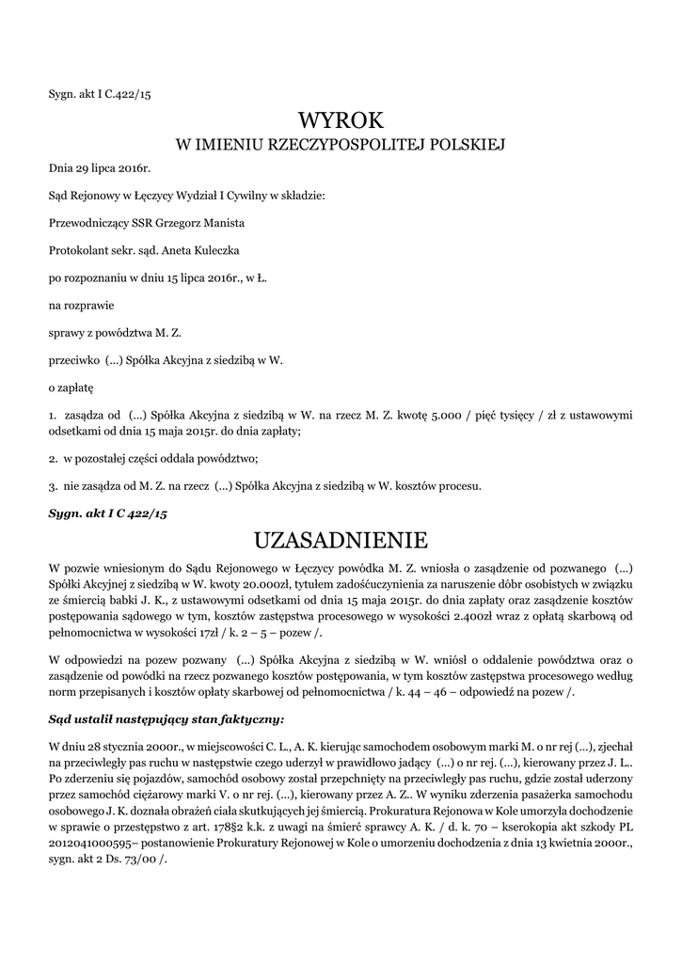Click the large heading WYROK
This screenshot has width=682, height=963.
(x=341, y=120)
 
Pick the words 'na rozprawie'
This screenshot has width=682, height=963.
(x=77, y=305)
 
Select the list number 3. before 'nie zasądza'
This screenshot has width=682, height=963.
(x=53, y=486)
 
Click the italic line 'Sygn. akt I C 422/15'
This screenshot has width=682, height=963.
(x=107, y=513)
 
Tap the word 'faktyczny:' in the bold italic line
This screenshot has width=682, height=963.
(x=251, y=718)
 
